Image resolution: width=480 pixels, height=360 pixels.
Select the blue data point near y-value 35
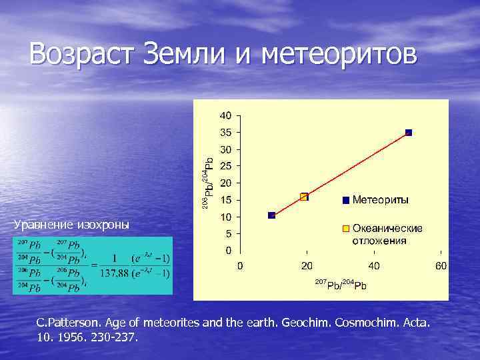(x=409, y=133)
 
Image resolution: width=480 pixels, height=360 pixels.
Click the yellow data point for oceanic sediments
(x=305, y=197)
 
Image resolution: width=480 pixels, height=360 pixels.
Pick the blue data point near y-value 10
(x=271, y=215)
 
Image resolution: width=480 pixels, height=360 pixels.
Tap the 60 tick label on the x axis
(x=441, y=266)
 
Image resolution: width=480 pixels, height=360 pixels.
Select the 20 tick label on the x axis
(x=307, y=266)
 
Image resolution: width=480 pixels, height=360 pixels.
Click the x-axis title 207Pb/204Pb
(x=340, y=285)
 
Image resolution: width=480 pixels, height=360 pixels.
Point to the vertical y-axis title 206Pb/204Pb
(x=208, y=180)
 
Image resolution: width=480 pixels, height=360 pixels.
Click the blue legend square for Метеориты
(x=345, y=200)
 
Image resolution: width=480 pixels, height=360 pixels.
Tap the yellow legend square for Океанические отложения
(x=345, y=229)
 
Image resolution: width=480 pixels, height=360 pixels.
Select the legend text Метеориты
(x=381, y=200)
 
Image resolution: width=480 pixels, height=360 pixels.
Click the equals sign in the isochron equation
(x=93, y=265)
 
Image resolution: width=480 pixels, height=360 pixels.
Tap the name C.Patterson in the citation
(x=65, y=323)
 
